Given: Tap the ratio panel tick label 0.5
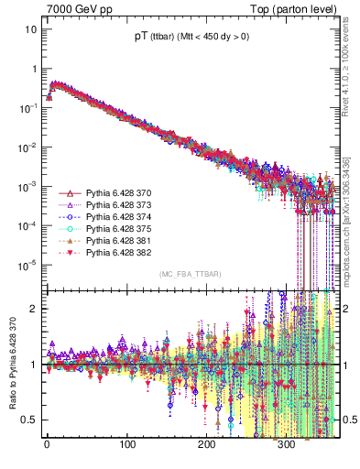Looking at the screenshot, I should pos(29,420).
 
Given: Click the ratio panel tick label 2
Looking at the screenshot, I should pos(33,308).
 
